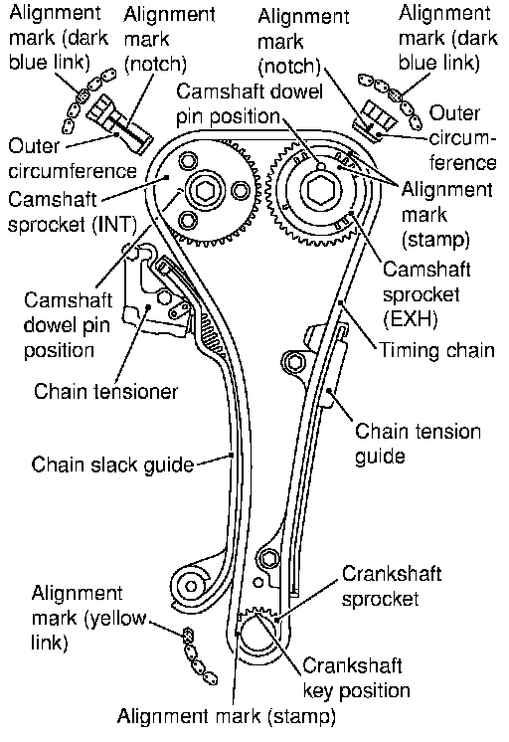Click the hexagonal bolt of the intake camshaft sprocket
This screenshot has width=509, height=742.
205,190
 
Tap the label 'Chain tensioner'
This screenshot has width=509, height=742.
105,392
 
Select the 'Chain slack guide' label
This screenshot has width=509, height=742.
112,464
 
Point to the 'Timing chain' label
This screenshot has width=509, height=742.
437,351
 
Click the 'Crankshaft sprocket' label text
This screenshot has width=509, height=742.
392,586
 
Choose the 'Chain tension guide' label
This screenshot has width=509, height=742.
418,444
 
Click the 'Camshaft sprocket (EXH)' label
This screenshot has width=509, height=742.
426,294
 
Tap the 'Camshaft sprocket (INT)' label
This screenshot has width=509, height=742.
72,212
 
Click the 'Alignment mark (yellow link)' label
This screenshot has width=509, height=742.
88,618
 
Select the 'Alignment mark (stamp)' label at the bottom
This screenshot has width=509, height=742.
226,716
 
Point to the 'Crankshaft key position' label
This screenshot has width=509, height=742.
356,677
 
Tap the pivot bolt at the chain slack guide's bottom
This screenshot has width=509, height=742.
191,587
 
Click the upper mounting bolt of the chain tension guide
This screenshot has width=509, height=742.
294,363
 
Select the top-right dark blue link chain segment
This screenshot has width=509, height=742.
390,99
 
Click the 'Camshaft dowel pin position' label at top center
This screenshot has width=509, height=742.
250,104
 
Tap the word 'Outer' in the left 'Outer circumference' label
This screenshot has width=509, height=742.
34,146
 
